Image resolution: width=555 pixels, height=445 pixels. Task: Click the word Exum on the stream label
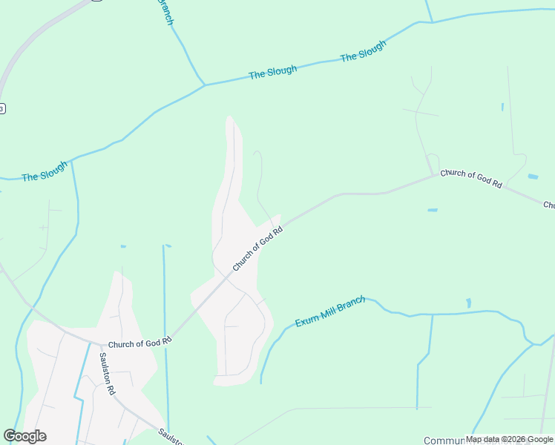(306, 320)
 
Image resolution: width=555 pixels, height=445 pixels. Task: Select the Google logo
(24, 436)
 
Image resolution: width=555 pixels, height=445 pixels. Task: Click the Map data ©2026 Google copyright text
(509, 439)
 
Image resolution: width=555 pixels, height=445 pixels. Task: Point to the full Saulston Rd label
(108, 373)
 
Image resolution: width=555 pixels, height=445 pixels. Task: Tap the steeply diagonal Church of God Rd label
(257, 248)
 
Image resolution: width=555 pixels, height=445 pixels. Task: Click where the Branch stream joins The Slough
(204, 85)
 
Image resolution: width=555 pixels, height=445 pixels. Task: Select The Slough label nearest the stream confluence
(272, 72)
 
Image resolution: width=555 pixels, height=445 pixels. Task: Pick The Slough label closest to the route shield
(44, 175)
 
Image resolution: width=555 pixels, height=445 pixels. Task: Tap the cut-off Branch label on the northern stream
(167, 13)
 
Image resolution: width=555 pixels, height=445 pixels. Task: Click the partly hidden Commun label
(444, 440)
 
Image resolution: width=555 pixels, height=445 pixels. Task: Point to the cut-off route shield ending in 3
(2, 108)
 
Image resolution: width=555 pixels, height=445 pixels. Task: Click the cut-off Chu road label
(549, 205)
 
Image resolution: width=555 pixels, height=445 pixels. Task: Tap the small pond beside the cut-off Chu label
(533, 177)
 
